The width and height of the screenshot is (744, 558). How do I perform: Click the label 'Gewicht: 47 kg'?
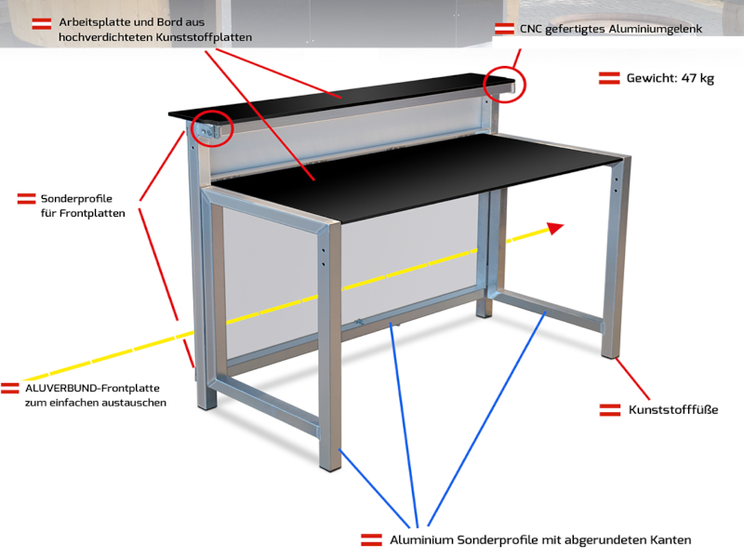click(670, 78)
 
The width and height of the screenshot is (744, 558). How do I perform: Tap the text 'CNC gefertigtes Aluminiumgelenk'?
click(611, 29)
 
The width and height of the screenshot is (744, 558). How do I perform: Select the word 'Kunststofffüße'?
click(673, 409)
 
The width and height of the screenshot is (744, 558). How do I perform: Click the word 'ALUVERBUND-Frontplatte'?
click(92, 388)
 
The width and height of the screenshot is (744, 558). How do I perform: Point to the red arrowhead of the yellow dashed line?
click(555, 228)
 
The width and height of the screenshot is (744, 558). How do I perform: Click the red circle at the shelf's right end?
click(504, 85)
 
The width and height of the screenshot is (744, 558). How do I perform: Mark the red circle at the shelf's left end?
click(212, 128)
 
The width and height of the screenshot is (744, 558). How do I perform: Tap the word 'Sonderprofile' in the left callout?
click(76, 199)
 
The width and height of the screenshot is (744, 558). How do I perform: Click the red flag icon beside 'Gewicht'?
click(609, 78)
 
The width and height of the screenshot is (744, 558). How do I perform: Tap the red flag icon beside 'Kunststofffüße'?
click(610, 410)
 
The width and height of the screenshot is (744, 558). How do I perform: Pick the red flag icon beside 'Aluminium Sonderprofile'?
click(371, 540)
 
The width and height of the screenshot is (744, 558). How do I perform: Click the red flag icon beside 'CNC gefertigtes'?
click(504, 29)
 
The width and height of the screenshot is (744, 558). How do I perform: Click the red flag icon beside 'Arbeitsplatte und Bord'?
click(42, 24)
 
